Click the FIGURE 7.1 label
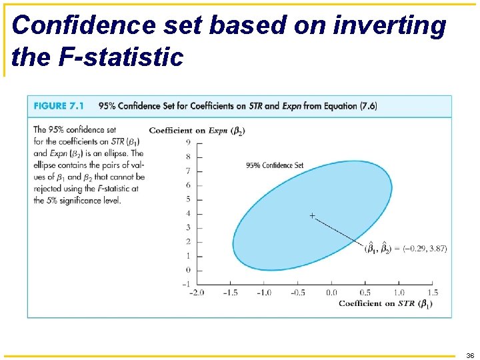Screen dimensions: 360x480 point(59,105)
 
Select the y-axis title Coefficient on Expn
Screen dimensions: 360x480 point(197,130)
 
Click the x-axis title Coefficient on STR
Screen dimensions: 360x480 point(385,304)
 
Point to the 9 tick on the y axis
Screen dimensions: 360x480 point(189,142)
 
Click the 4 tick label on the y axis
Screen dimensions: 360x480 point(189,213)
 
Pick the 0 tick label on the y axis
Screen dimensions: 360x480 point(189,270)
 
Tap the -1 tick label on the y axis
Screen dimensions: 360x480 point(187,284)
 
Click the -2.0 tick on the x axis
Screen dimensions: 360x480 point(197,293)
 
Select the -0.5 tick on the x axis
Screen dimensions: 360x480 point(297,293)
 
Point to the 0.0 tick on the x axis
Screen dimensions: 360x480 point(331,293)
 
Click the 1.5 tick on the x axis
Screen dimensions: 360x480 point(432,293)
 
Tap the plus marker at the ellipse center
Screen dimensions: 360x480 point(312,215)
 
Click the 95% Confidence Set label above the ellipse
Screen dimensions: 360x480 point(275,165)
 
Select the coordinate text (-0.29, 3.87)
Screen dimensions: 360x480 point(425,249)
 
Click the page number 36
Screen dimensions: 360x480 point(470,355)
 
